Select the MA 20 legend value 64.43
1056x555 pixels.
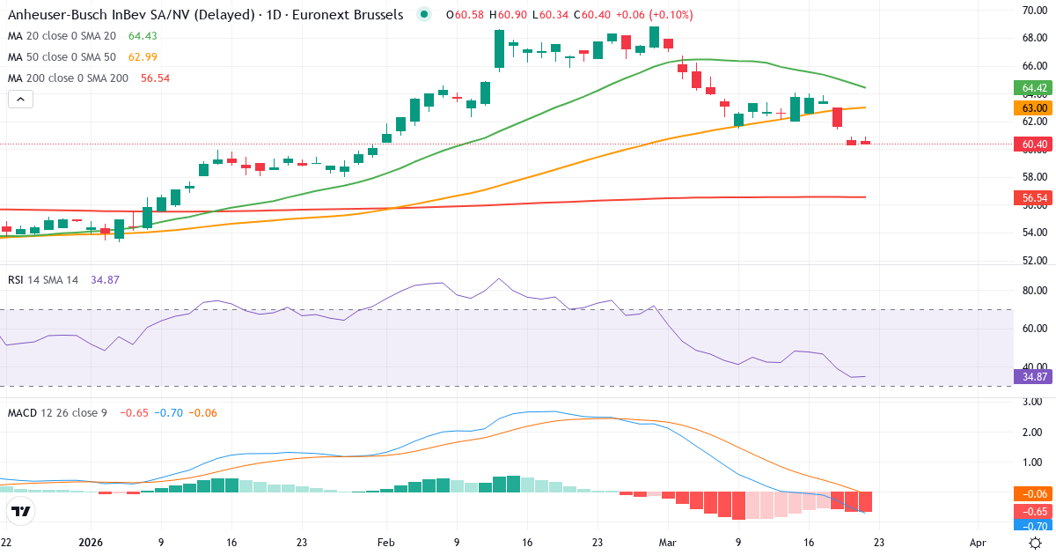coord(142,36)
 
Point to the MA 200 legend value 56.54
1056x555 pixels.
coord(155,78)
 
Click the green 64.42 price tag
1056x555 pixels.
coord(1034,88)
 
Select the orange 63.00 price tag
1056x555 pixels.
coord(1034,107)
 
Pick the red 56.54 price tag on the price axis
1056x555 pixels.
coord(1034,198)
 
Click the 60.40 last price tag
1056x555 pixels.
coord(1034,144)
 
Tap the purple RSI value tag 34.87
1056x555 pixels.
coord(1034,376)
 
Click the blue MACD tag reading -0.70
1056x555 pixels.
coord(1034,525)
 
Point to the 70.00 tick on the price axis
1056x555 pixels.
coord(1033,10)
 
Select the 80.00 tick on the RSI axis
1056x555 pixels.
coord(1033,290)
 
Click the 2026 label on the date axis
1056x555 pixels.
coord(92,544)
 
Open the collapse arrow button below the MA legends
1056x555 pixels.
coord(20,100)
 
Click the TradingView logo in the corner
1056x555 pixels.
coord(21,511)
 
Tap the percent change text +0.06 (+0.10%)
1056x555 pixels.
coord(654,15)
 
